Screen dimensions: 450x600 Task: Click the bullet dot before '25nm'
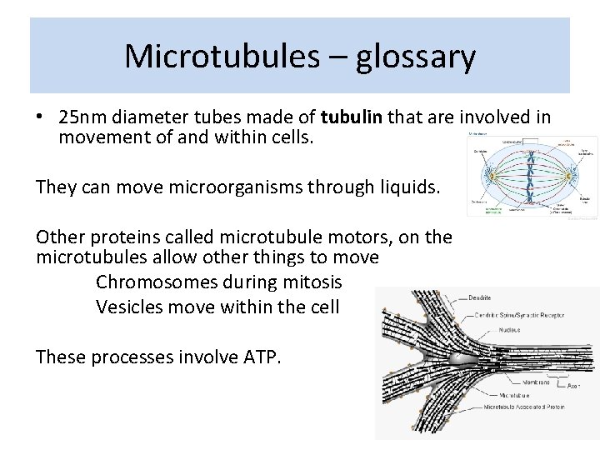pyautogui.click(x=42, y=117)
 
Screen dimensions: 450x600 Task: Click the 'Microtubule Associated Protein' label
pyautogui.click(x=525, y=407)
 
